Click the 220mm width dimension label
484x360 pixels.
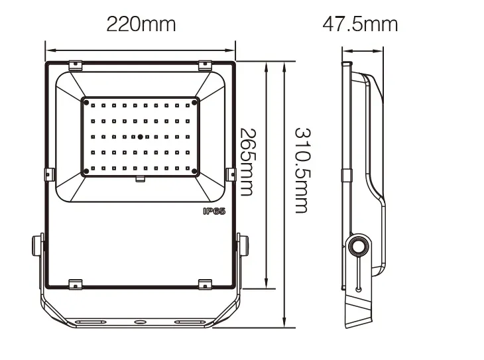141,25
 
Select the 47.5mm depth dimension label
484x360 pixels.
360,25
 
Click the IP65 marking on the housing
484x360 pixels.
213,211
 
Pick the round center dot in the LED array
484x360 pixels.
140,137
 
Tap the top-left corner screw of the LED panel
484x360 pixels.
86,102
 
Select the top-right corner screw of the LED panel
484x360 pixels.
195,101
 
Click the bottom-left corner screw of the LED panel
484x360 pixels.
86,172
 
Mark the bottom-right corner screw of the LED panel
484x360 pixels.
195,172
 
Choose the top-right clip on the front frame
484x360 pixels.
206,65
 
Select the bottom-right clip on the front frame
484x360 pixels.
206,283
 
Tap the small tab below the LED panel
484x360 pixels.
140,178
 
